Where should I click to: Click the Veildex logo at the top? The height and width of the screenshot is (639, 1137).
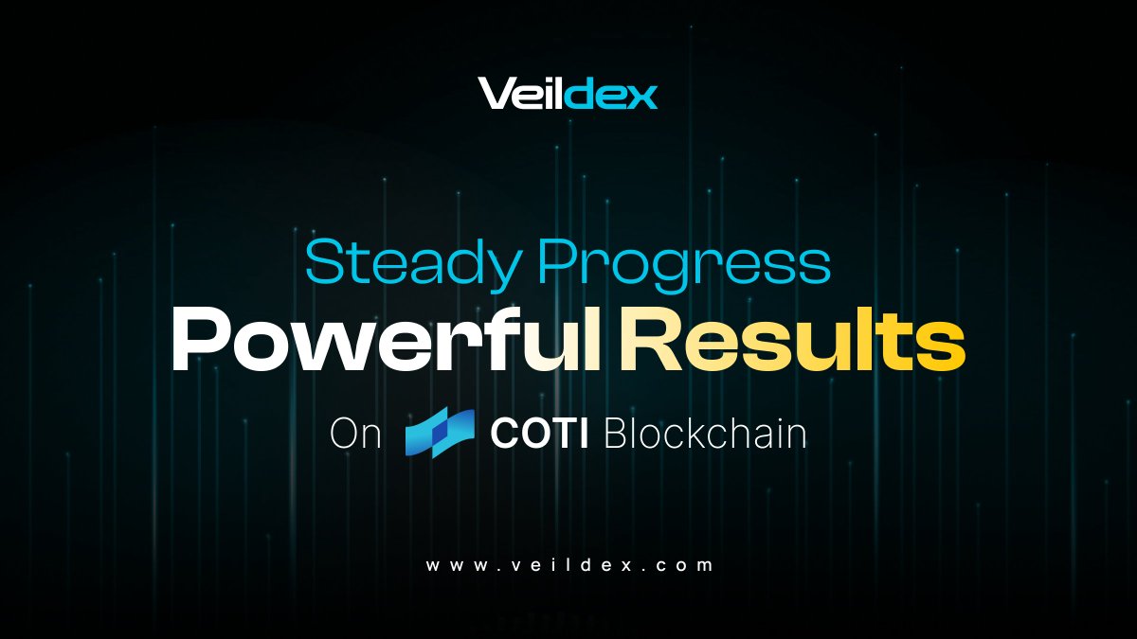(568, 94)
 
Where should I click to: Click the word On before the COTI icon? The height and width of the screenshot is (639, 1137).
(356, 435)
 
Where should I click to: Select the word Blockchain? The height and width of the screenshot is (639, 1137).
(705, 435)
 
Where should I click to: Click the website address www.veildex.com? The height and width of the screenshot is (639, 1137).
(568, 566)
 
